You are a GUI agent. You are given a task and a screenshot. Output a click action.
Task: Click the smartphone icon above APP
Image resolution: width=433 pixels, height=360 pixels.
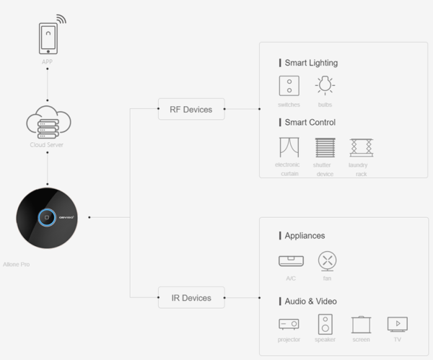(x=48, y=38)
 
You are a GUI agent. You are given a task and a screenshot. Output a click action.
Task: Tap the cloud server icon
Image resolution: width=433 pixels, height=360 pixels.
(x=48, y=122)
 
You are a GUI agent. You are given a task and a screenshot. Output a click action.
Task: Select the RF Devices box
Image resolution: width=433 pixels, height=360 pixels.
(x=191, y=110)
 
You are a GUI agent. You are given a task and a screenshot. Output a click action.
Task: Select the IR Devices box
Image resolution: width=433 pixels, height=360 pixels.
(x=191, y=297)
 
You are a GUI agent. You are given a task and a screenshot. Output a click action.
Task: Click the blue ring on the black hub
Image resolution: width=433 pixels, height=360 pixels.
(x=48, y=216)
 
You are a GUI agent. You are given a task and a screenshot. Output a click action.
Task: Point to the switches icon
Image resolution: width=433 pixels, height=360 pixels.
(x=289, y=86)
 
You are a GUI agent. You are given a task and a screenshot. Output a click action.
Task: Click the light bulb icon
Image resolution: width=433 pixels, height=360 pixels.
(x=325, y=85)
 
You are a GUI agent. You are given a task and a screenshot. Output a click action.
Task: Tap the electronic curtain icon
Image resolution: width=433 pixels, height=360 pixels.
(x=289, y=147)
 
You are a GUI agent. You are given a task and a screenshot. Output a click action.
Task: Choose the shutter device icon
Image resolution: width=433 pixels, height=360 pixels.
(x=325, y=147)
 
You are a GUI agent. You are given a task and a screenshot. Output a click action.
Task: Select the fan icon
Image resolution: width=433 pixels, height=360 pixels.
(x=328, y=260)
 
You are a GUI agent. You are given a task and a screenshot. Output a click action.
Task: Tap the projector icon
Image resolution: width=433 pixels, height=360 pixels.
(x=289, y=324)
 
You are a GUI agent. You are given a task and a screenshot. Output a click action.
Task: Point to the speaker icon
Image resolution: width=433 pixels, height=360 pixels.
(x=325, y=324)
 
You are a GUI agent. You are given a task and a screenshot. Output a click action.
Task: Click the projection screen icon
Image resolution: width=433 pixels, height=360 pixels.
(x=361, y=324)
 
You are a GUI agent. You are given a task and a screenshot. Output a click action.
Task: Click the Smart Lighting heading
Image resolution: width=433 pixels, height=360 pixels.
(x=310, y=63)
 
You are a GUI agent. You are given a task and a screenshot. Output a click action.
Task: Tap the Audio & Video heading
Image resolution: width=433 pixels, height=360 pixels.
(x=310, y=301)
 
